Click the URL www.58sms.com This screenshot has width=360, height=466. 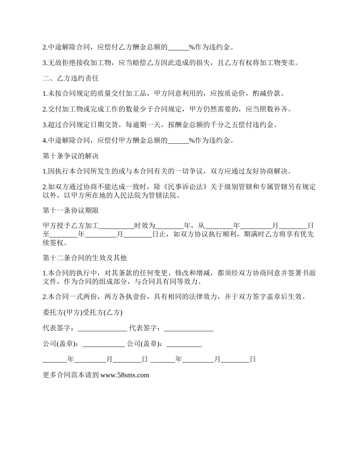(125, 375)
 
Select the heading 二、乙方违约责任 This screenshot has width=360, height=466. (71, 78)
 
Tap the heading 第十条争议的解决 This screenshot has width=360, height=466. (71, 156)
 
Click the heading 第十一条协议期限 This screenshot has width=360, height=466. (71, 210)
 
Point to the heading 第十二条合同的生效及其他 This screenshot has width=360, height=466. (85, 258)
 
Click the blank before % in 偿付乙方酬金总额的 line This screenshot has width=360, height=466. (178, 47)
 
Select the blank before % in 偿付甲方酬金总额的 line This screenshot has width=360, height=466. (178, 141)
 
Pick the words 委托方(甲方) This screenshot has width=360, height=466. (61, 313)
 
